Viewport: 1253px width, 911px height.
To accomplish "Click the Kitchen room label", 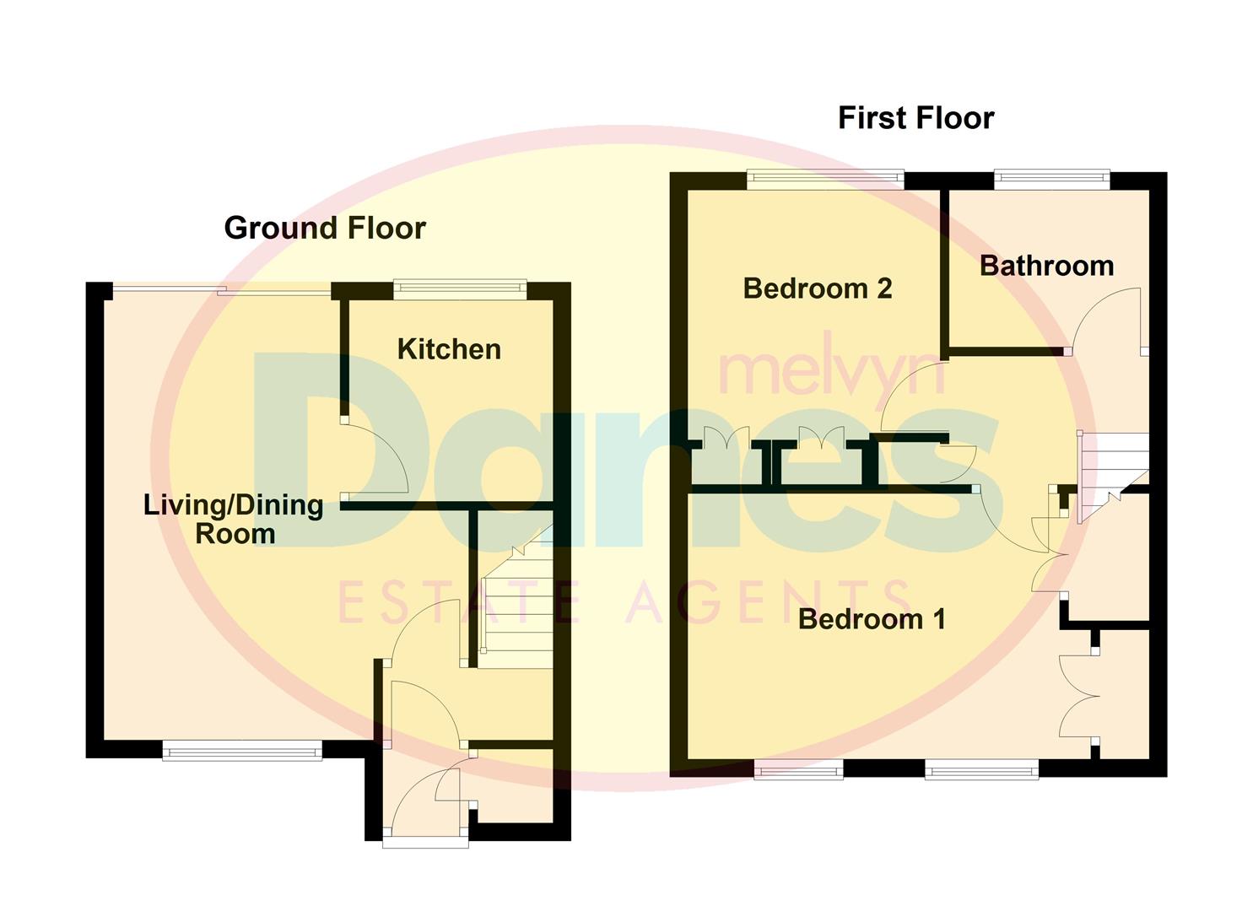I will click(x=449, y=349).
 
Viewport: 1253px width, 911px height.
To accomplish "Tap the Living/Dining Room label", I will click(x=234, y=519).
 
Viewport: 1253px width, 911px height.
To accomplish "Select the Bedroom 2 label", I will click(x=817, y=288).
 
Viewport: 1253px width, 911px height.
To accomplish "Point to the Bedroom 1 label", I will click(x=872, y=619).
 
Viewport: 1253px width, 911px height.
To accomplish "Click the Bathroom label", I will click(x=1046, y=266).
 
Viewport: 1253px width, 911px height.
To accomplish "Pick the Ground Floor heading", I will click(x=325, y=228).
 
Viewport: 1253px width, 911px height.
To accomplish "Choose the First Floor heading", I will click(x=915, y=118).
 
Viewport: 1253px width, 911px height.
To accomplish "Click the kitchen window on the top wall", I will click(x=460, y=288).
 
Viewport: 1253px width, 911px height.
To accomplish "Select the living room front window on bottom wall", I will click(x=242, y=750).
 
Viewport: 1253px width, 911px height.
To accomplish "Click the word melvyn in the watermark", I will click(x=831, y=371).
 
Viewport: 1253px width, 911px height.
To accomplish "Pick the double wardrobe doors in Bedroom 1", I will click(x=1080, y=696).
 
